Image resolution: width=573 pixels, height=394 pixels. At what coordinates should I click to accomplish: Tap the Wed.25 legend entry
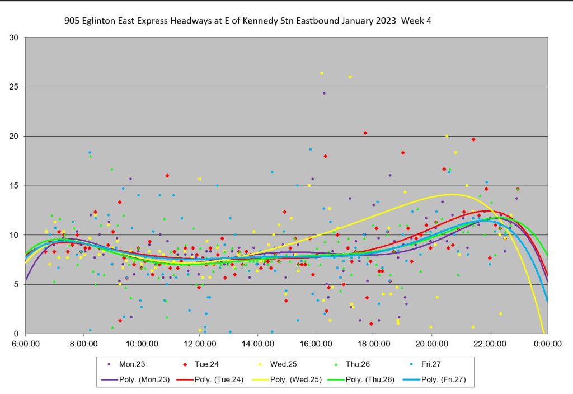pyautogui.click(x=283, y=364)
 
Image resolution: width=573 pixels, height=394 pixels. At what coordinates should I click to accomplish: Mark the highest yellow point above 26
pyautogui.click(x=322, y=73)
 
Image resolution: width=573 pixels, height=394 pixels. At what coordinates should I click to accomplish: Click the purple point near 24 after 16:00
pyautogui.click(x=324, y=93)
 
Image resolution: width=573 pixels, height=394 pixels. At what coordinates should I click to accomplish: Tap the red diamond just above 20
pyautogui.click(x=365, y=133)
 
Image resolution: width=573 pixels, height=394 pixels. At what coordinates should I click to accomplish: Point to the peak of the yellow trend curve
pyautogui.click(x=452, y=194)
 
